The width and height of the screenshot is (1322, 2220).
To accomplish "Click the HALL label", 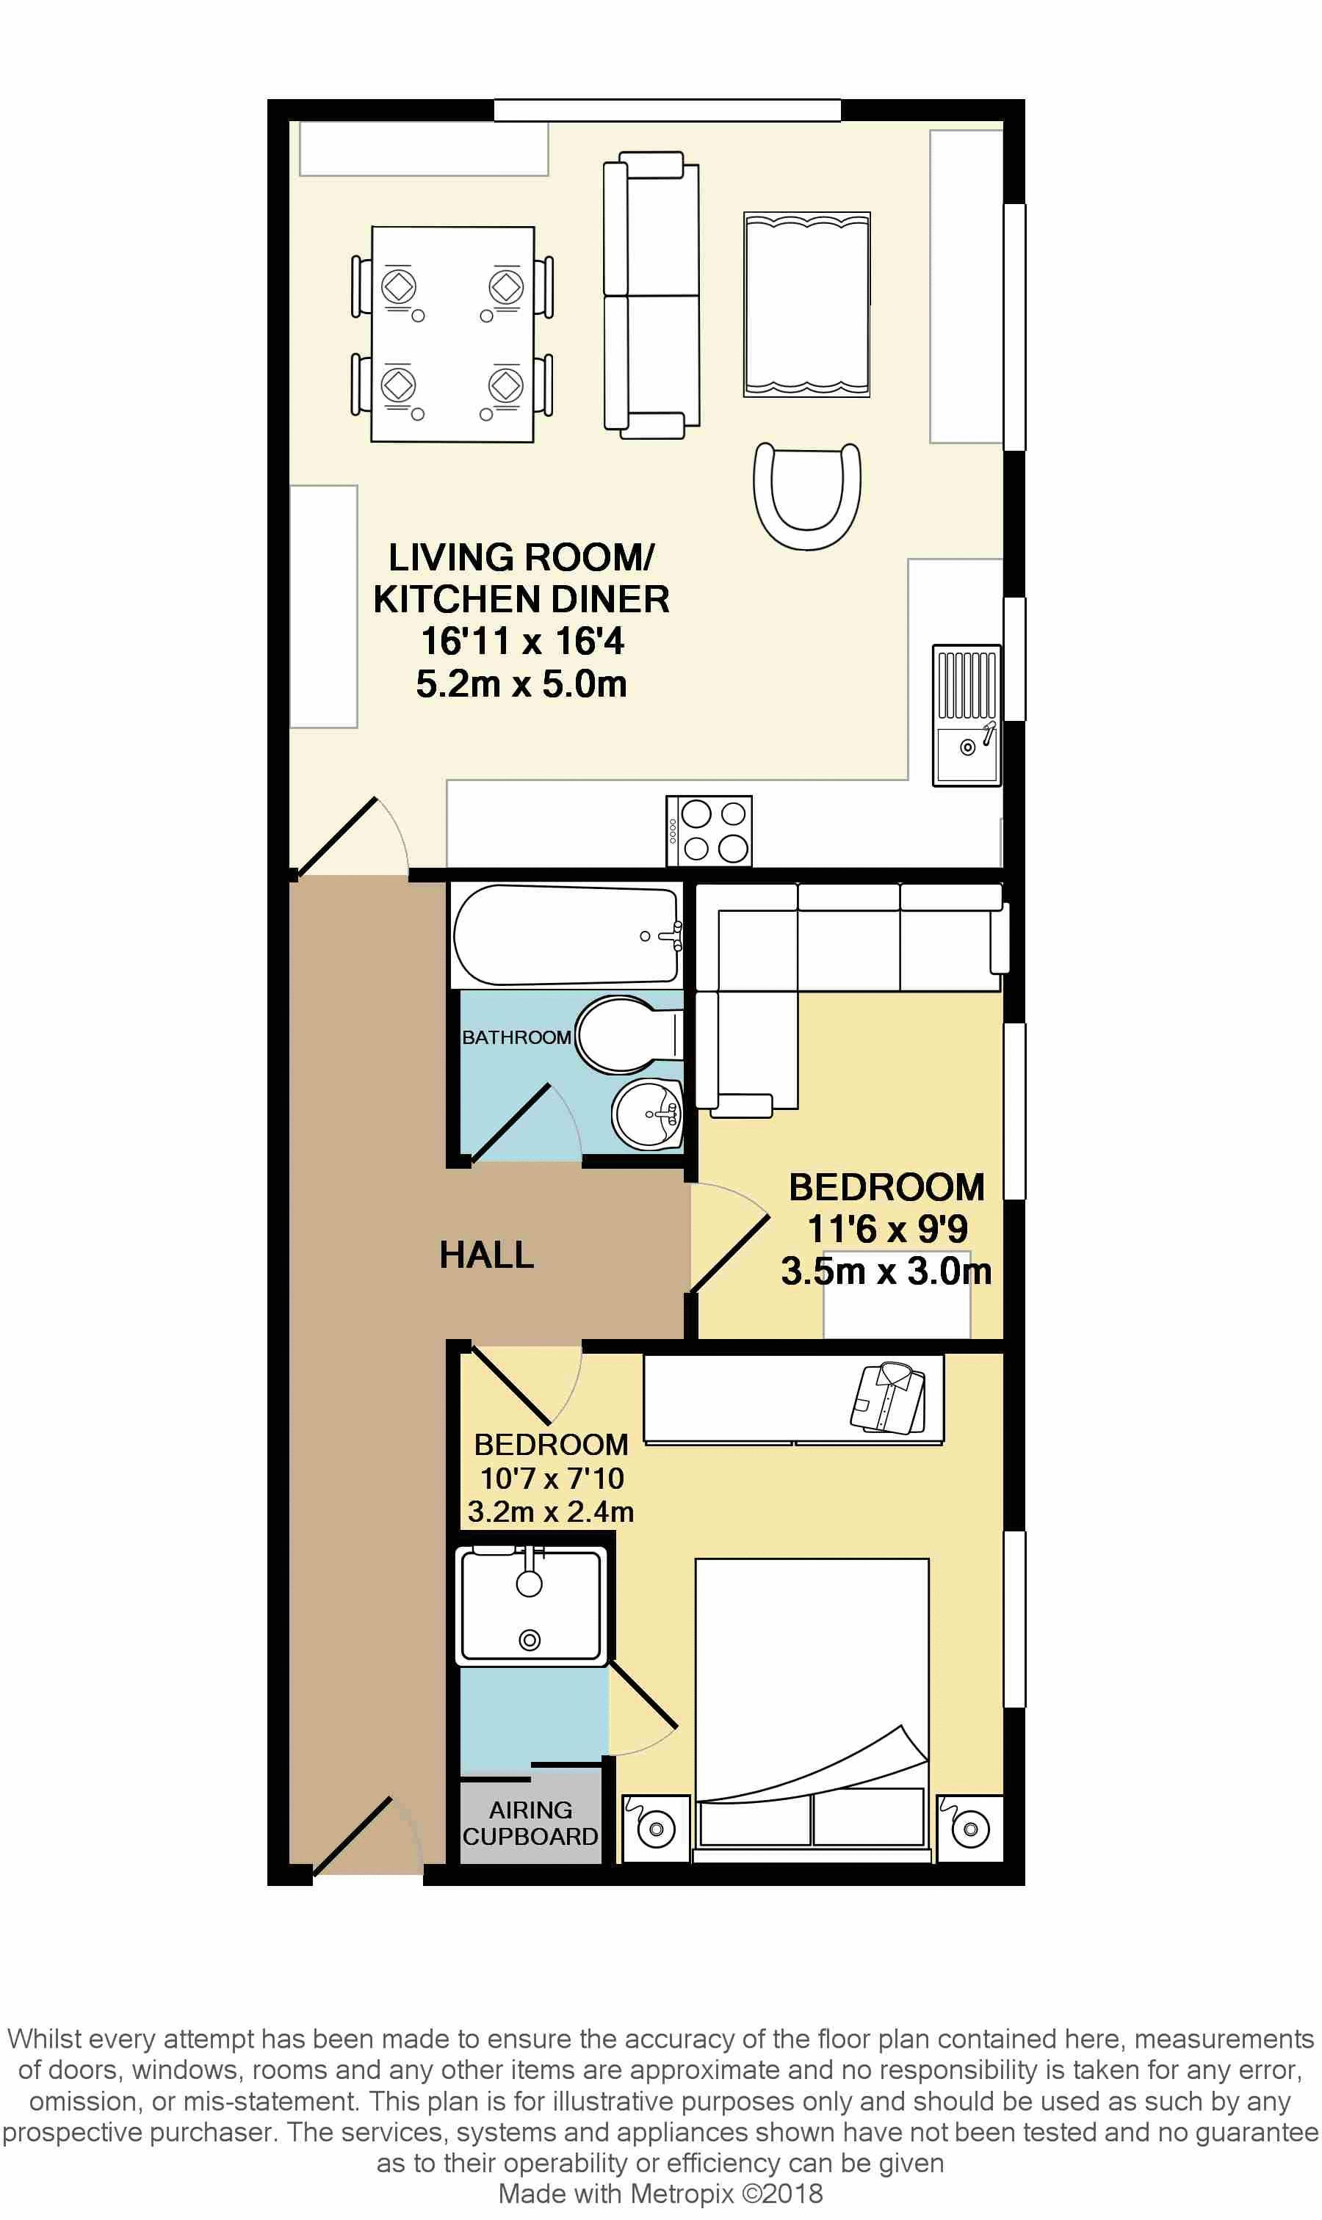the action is coord(486,1255).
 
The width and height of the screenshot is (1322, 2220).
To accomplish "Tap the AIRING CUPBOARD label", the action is coord(530,1823).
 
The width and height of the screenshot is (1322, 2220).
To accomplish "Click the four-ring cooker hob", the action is coord(709,831).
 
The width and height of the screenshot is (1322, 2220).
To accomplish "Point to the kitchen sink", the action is coord(967,715).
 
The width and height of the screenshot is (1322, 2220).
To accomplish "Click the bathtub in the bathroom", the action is coord(566,935).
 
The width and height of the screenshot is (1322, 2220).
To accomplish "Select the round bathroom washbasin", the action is coord(648,1114).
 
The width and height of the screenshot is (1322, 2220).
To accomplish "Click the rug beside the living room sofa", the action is coord(807,305).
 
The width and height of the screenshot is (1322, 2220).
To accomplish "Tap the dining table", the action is coord(452,334).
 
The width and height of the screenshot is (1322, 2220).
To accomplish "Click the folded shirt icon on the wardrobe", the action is coord(888,1397).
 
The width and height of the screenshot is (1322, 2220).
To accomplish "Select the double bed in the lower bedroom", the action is coord(812,1709).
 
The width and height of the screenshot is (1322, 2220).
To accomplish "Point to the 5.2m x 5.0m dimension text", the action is coord(521,684).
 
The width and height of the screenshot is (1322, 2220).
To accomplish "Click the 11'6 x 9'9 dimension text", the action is coord(886,1229).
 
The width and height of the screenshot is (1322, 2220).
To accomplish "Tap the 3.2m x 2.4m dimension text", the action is coord(551,1511).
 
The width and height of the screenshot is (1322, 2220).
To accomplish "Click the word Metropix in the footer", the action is coord(682,2194).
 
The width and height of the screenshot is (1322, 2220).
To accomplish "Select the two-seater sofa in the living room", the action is coord(651,295).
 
